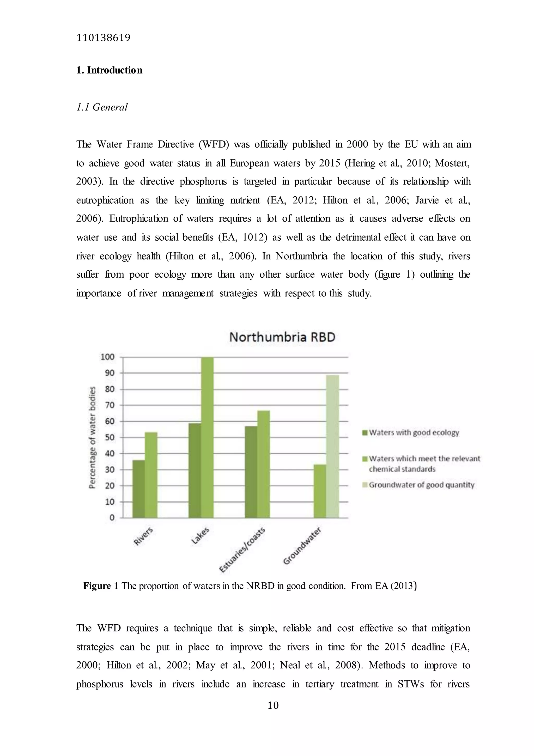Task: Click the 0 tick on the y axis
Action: [x=112, y=518]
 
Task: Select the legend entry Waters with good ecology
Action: [x=414, y=433]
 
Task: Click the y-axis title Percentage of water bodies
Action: [x=93, y=437]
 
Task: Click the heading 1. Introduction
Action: [x=109, y=70]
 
